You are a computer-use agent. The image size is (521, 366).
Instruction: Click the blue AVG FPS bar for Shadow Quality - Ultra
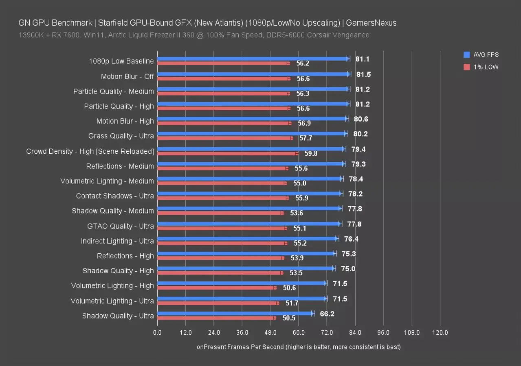click(235, 313)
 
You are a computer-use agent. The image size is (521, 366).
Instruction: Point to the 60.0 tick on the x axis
click(299, 333)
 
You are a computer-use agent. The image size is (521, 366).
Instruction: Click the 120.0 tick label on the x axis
click(440, 333)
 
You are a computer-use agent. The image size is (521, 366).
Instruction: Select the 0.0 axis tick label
click(157, 333)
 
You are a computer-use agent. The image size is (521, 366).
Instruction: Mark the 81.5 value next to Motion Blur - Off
click(363, 74)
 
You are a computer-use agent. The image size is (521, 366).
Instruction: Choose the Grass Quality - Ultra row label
click(121, 136)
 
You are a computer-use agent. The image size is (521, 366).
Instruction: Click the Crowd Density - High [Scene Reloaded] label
click(90, 151)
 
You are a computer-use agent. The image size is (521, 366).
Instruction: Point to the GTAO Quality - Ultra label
click(121, 226)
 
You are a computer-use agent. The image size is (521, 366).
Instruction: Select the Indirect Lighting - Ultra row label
click(117, 241)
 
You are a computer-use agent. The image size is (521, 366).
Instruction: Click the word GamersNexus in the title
click(374, 23)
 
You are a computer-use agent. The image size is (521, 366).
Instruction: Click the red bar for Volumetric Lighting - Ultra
click(218, 303)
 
